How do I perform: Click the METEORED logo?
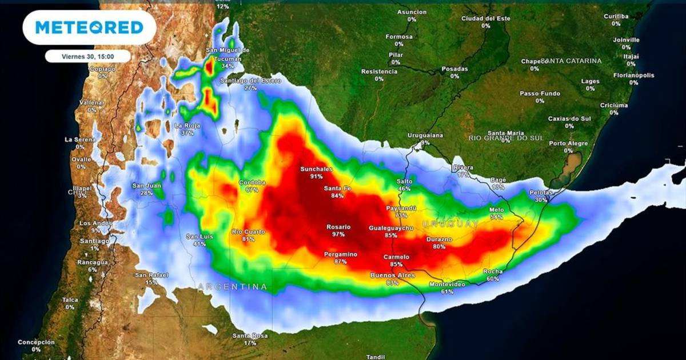[89, 27]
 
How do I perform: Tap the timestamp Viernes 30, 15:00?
[88, 56]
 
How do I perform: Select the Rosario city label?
[338, 227]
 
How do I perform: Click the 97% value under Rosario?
[338, 234]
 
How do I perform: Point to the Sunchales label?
[317, 169]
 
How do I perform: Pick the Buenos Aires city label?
[392, 275]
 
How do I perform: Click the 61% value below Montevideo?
[448, 291]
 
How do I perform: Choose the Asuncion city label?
[412, 12]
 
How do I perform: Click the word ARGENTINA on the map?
[233, 286]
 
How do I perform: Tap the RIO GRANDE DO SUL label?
[505, 138]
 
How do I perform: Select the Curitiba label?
[616, 17]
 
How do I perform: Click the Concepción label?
[36, 342]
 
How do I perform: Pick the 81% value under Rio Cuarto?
[248, 239]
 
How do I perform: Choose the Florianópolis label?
[634, 75]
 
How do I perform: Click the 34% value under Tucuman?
[228, 66]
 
